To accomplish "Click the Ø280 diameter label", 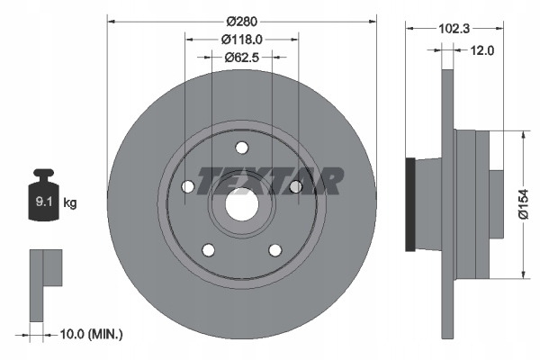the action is click(242, 22).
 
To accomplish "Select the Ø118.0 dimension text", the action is click(242, 40).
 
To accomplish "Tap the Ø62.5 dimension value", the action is click(242, 58).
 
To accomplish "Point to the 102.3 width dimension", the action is click(454, 29).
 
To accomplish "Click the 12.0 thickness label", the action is click(482, 50).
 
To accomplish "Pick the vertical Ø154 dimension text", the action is click(524, 204).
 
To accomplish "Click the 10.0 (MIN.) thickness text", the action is click(91, 334).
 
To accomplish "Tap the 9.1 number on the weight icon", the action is click(44, 202).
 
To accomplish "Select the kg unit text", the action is click(70, 202).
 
